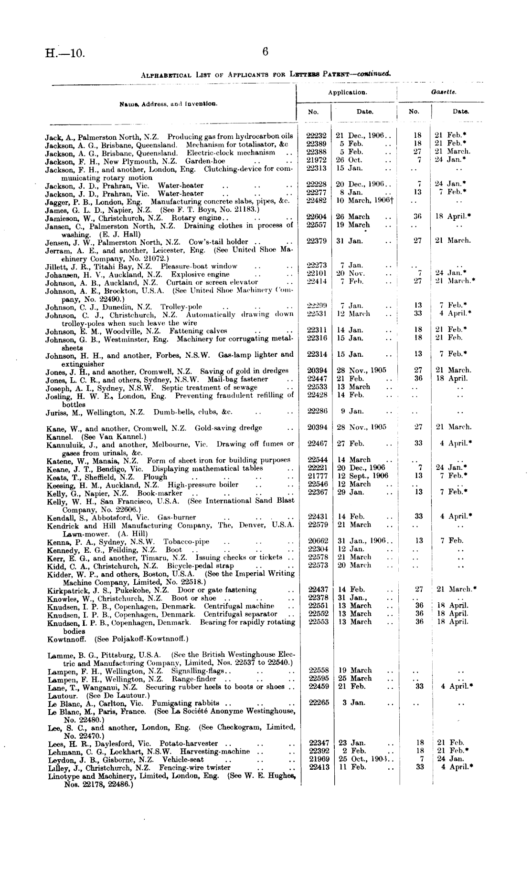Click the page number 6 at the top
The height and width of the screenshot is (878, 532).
pos(266,52)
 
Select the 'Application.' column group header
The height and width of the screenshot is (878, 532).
pos(347,93)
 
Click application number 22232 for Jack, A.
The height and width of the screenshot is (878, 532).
pos(316,135)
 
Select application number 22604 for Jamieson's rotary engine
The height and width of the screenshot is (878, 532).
pos(316,217)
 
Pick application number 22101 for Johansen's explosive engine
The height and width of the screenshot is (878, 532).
pos(316,273)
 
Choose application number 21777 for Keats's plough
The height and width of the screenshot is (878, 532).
pos(318,476)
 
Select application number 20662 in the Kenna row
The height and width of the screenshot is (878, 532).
pos(318,541)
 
